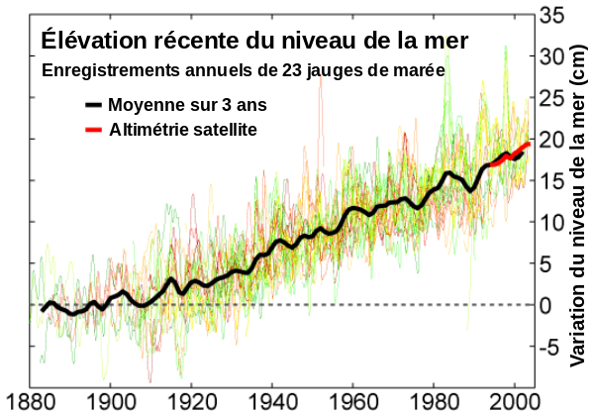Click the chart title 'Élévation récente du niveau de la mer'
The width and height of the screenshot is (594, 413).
[252, 40]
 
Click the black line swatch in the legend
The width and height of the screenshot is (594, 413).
[93, 105]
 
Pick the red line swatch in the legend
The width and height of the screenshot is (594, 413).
[93, 130]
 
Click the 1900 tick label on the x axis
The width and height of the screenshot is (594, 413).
[110, 401]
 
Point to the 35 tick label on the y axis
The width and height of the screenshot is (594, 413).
[552, 14]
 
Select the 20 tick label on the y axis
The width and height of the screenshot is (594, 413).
[552, 139]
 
